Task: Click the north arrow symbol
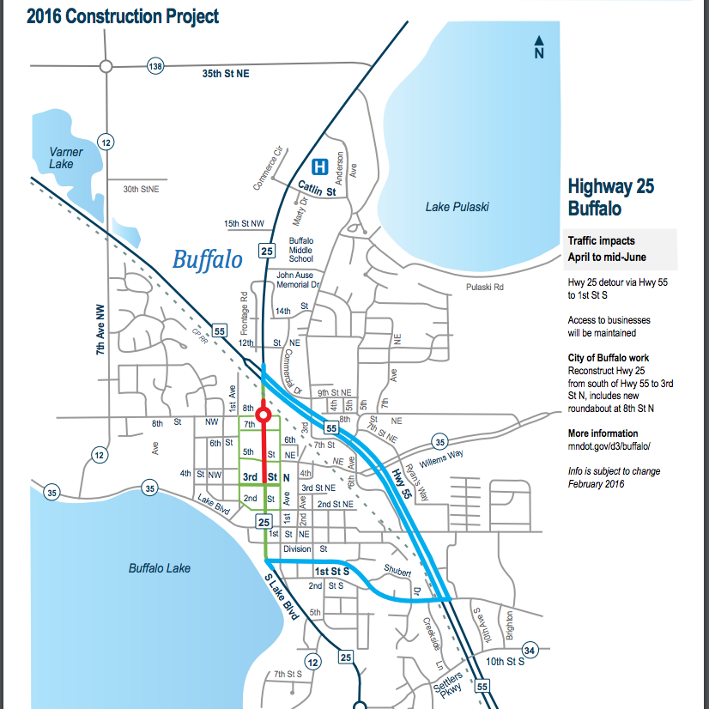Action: point(539,47)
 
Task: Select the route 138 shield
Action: point(155,66)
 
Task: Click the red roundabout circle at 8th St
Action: point(264,415)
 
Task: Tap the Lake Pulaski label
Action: point(457,207)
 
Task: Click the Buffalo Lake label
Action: point(159,568)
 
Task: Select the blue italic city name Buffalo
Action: point(208,258)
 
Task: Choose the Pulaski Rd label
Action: point(484,288)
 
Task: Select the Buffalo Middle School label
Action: point(301,249)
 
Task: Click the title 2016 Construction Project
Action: point(123,16)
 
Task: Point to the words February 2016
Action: point(596,484)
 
